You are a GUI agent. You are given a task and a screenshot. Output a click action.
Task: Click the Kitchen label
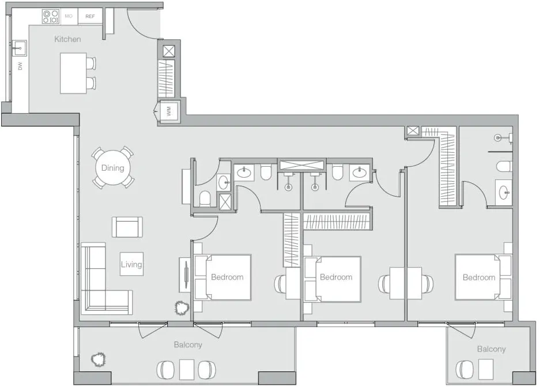click(x=67, y=39)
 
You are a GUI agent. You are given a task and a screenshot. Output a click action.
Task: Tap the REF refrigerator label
click(x=90, y=16)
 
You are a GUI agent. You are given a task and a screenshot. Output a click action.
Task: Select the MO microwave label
click(x=69, y=16)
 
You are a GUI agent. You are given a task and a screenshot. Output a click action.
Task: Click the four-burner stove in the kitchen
click(x=50, y=16)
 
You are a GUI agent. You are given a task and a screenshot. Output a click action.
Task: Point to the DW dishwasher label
click(x=20, y=67)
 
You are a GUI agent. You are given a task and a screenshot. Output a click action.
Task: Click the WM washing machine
click(x=169, y=112)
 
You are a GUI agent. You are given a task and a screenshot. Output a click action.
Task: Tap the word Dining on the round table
click(x=112, y=168)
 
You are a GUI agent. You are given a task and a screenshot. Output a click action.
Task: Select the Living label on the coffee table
click(x=131, y=264)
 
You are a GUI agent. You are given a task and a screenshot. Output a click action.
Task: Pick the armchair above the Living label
click(x=127, y=227)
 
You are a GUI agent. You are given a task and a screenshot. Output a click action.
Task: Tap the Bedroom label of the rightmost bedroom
click(x=478, y=277)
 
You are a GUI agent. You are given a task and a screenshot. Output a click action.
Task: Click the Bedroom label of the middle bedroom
click(x=336, y=277)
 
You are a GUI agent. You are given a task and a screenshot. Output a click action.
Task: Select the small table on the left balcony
click(x=187, y=369)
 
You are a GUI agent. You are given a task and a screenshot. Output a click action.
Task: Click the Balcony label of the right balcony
click(x=491, y=349)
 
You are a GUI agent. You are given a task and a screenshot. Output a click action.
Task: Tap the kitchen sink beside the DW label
click(x=19, y=46)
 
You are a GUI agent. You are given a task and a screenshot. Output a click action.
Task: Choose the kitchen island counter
click(x=73, y=73)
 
